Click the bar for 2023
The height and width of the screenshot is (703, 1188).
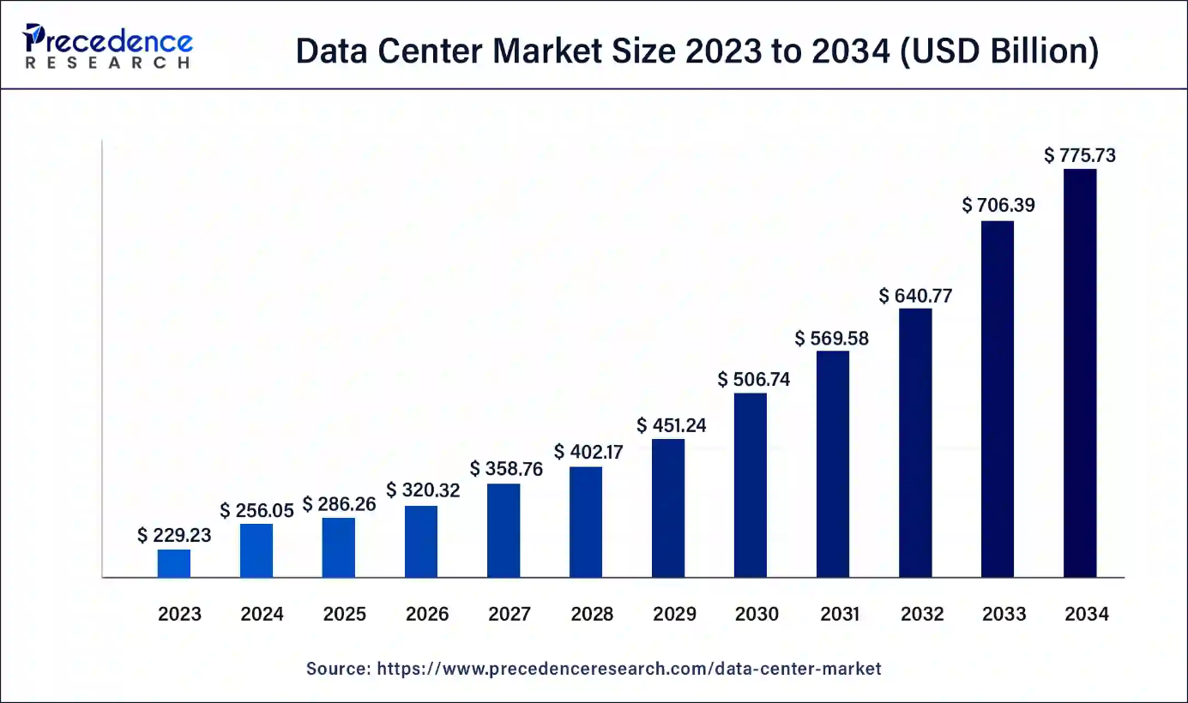[x=174, y=563]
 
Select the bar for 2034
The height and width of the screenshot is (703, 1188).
[x=1080, y=373]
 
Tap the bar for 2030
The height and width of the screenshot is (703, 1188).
[x=751, y=485]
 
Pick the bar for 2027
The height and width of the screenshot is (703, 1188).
[x=504, y=531]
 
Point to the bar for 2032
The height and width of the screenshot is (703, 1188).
[x=915, y=442]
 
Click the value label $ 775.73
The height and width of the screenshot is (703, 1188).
[x=1080, y=155]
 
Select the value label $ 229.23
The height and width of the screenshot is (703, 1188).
[x=174, y=536]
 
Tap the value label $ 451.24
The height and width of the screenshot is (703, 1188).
[x=672, y=425]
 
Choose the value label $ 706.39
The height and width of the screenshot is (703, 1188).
[x=998, y=205]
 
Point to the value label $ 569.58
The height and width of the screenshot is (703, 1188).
[x=832, y=339]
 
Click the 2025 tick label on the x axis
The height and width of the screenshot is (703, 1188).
[x=345, y=614]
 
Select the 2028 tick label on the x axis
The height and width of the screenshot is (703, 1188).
[x=592, y=614]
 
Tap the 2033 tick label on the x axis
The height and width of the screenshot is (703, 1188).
[x=1004, y=614]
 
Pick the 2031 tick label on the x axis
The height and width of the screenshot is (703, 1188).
[x=839, y=614]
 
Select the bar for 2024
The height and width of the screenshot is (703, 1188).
[x=256, y=550]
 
